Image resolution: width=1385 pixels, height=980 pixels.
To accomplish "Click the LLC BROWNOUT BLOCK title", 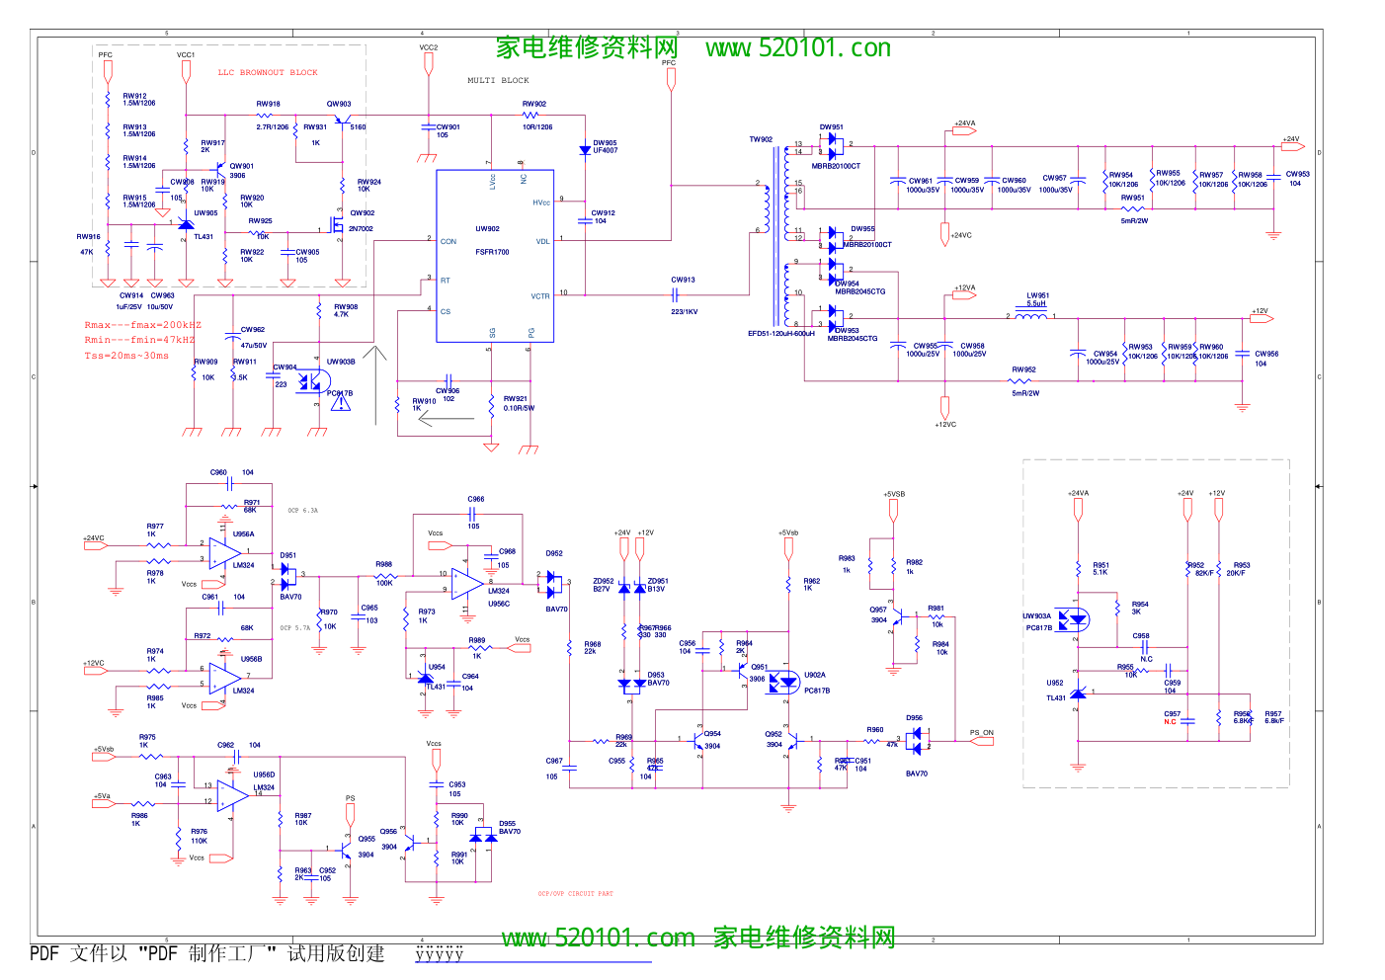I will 268,72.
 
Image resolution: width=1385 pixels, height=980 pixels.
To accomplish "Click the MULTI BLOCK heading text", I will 498,80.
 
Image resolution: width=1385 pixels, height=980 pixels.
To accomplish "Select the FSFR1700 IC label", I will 492,252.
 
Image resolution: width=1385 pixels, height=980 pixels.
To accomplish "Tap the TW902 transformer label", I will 761,139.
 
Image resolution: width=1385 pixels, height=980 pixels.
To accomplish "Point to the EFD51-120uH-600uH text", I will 781,334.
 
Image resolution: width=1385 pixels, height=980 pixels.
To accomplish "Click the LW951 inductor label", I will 1037,295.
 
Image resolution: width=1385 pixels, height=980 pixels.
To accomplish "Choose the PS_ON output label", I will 981,733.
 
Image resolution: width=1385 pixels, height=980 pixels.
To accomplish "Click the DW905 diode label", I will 605,142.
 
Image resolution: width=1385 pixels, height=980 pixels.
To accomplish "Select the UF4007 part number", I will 605,150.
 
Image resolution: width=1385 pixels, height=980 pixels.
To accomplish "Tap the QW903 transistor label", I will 339,104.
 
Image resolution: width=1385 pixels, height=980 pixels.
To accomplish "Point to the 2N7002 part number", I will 361,229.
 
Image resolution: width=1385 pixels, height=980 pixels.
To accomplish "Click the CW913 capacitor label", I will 683,280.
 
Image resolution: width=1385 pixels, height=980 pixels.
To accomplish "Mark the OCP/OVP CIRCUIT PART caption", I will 575,894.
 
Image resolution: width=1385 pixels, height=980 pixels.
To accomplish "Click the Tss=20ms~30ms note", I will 126,356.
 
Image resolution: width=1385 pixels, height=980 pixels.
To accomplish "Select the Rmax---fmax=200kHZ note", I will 142,325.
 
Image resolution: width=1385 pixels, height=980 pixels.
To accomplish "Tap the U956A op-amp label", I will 243,534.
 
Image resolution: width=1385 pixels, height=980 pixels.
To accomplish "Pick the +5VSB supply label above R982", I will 893,494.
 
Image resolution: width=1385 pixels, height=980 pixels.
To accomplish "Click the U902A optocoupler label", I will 814,676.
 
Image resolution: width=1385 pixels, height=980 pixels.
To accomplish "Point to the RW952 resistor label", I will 1023,370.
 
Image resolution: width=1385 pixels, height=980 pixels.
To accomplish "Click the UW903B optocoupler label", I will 341,362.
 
